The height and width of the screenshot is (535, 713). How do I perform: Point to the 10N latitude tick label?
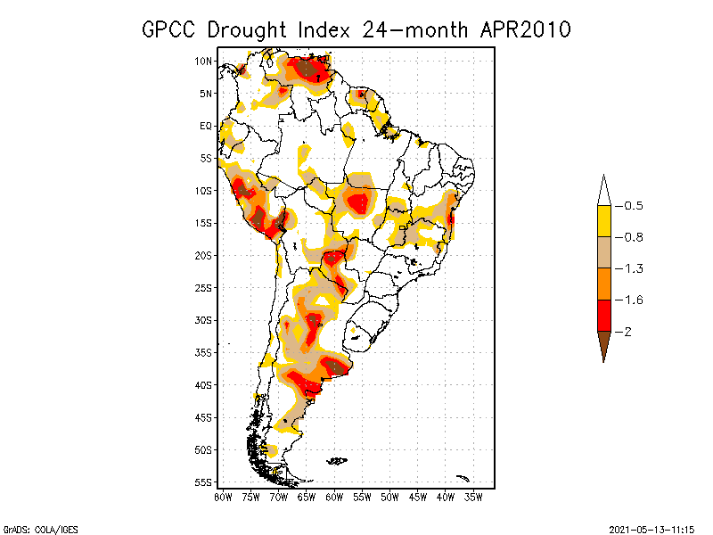[x=203, y=61]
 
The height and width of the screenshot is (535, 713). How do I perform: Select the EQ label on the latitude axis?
[x=206, y=126]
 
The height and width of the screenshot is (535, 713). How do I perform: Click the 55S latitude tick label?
[x=203, y=482]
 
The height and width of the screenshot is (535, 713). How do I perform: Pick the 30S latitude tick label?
[x=203, y=320]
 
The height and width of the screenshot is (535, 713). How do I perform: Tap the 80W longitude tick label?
[x=223, y=496]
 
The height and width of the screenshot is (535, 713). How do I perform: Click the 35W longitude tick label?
[x=473, y=496]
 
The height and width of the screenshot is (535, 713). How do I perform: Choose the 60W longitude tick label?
[x=334, y=496]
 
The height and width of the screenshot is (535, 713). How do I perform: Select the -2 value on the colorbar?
[x=627, y=332]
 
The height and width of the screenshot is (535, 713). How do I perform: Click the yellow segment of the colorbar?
[x=603, y=221]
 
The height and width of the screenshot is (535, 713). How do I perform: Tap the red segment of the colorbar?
[x=603, y=315]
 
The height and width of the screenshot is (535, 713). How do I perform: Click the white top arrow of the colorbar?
[x=603, y=192]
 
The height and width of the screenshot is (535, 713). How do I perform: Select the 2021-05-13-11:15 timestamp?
[x=652, y=528]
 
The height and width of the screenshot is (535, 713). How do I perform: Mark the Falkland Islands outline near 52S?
[x=337, y=461]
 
